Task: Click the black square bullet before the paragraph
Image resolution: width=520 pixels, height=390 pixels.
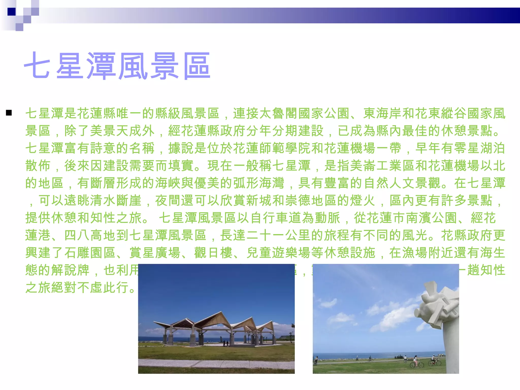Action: click(9, 113)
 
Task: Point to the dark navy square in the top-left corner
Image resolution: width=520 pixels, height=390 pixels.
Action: click(11, 12)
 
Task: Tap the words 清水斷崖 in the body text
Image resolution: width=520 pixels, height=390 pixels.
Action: click(116, 201)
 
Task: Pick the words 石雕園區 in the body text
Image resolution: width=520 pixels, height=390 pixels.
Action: click(90, 253)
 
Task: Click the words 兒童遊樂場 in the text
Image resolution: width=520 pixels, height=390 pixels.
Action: click(279, 253)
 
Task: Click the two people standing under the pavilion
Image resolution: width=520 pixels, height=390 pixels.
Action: click(226, 343)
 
